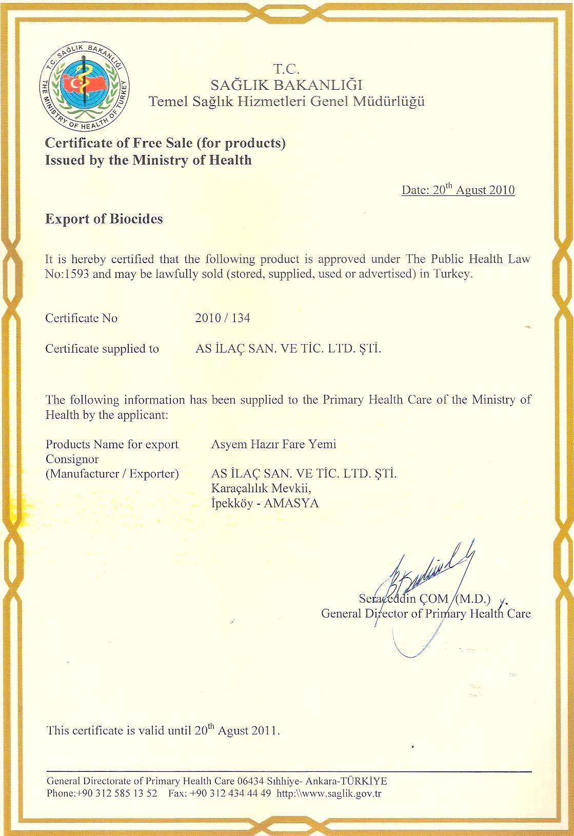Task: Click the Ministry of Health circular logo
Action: pyautogui.click(x=85, y=86)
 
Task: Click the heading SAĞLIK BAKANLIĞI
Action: pyautogui.click(x=286, y=85)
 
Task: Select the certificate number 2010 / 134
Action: pyautogui.click(x=223, y=318)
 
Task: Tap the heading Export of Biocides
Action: pyautogui.click(x=104, y=219)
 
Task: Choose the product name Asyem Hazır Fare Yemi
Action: pyautogui.click(x=273, y=444)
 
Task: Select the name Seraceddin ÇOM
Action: pyautogui.click(x=403, y=599)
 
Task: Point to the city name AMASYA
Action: pyautogui.click(x=291, y=503)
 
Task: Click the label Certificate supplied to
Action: pyautogui.click(x=102, y=349)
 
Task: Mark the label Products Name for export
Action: pyautogui.click(x=112, y=444)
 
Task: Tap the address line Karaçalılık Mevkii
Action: pyautogui.click(x=261, y=488)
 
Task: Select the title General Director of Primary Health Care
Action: pyautogui.click(x=426, y=613)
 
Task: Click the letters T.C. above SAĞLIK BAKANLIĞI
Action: pyautogui.click(x=286, y=69)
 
